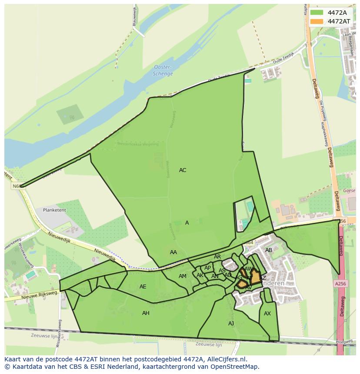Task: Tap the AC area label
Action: point(183,170)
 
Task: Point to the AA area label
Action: point(173,252)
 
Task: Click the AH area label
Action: point(146,313)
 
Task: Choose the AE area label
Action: point(143,287)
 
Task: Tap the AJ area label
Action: point(231,324)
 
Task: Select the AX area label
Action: point(267,314)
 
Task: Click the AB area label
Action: point(269,250)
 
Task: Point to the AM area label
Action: point(183,276)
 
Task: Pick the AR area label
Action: point(217,257)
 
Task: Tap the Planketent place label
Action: point(54,210)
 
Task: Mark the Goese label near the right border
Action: point(349,191)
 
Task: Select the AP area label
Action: point(207,268)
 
